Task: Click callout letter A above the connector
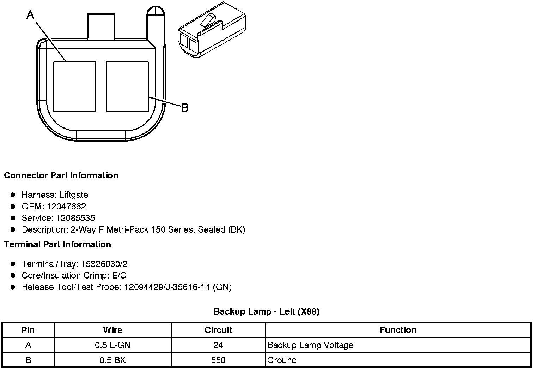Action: [x=30, y=15]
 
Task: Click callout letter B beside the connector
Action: [x=185, y=108]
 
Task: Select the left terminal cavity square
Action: [x=75, y=87]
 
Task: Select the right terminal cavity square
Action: [x=127, y=87]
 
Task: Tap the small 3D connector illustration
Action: [x=212, y=30]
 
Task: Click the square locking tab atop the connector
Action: [x=101, y=26]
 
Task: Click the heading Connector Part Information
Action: [x=61, y=175]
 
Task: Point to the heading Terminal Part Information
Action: [x=58, y=244]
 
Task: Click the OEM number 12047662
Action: [x=66, y=206]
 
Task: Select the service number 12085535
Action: [x=75, y=218]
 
